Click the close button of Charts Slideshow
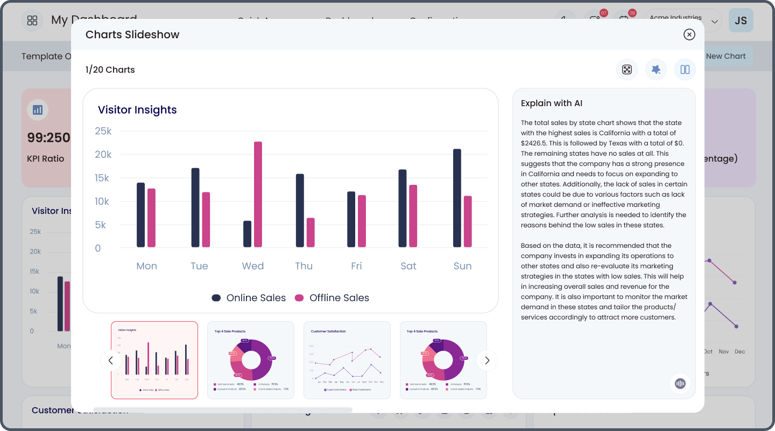click(689, 34)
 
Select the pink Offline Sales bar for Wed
click(258, 194)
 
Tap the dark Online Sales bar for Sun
click(457, 198)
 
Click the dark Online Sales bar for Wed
click(247, 234)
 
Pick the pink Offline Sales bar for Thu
click(311, 232)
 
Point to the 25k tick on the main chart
click(103, 131)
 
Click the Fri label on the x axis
click(356, 266)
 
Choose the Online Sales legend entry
click(249, 298)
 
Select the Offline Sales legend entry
click(332, 298)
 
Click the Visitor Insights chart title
click(137, 110)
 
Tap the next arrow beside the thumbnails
click(487, 360)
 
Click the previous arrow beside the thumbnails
click(111, 360)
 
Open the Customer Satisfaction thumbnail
click(347, 360)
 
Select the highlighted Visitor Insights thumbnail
click(154, 360)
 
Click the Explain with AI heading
click(552, 103)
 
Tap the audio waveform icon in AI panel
click(680, 383)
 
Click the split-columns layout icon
click(685, 69)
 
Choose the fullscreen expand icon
click(627, 69)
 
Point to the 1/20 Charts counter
click(110, 70)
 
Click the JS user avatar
click(741, 20)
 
